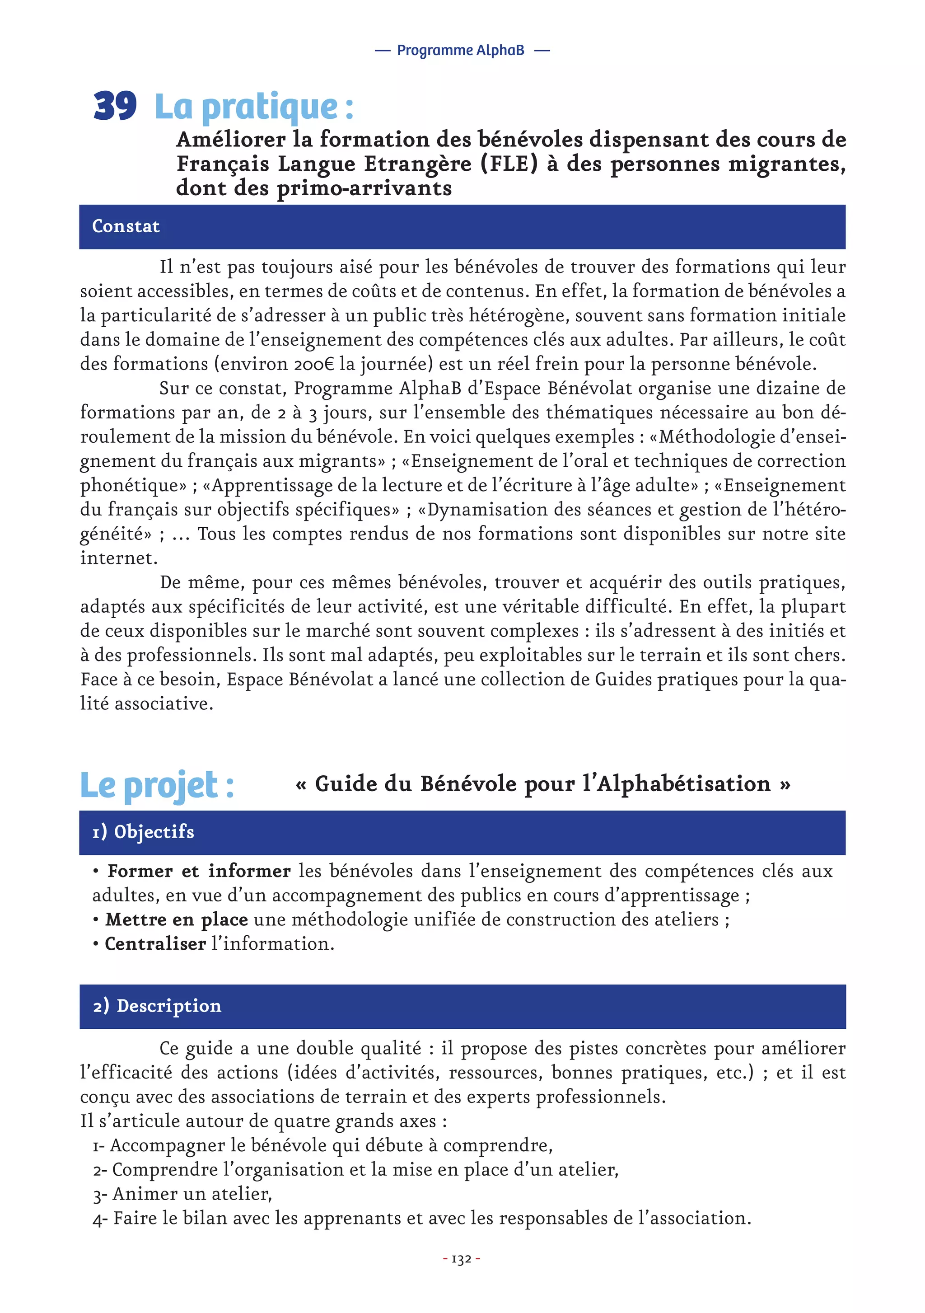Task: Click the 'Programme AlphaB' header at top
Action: click(461, 50)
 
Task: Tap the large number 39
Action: click(114, 106)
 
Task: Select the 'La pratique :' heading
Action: click(254, 107)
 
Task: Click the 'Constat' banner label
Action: click(126, 226)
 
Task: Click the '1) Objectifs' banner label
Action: click(143, 832)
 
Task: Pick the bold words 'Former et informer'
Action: click(199, 871)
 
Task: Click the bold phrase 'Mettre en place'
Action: click(176, 919)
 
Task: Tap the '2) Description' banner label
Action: click(157, 1006)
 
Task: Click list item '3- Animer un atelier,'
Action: click(182, 1194)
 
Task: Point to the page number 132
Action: click(461, 1259)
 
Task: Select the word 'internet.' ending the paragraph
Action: click(118, 558)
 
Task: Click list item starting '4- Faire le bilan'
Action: click(421, 1218)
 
